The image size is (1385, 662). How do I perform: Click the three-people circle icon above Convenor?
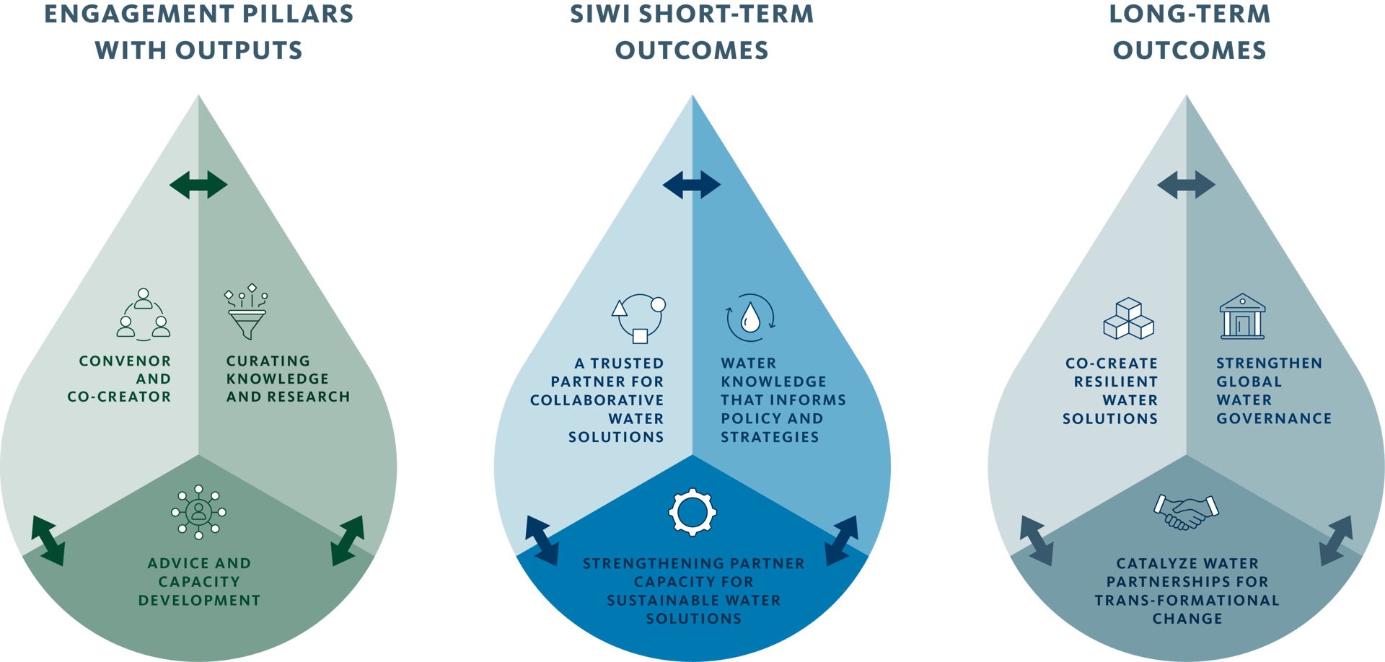point(144,314)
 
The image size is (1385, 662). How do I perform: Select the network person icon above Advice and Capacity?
point(198,512)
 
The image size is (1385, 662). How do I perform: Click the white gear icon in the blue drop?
point(692,512)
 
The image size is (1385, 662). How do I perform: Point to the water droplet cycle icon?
point(750,317)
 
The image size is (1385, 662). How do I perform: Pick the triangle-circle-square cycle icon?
point(639,317)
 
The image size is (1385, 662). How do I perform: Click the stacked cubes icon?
point(1128,319)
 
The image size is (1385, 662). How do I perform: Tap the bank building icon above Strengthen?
point(1242,317)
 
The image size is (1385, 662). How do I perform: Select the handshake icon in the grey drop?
point(1186,511)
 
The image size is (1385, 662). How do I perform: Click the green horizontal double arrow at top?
point(198,185)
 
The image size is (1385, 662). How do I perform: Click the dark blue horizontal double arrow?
point(692,185)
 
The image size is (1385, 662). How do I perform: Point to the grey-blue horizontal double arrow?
point(1186,185)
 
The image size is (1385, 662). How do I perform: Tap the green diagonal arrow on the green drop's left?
point(48,540)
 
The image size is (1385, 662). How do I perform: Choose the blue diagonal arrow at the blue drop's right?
point(841,540)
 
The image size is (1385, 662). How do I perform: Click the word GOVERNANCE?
point(1274,419)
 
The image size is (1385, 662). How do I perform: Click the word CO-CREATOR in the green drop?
point(119,397)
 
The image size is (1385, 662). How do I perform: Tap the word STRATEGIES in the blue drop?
point(770,437)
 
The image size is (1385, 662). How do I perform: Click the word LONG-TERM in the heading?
point(1189,14)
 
